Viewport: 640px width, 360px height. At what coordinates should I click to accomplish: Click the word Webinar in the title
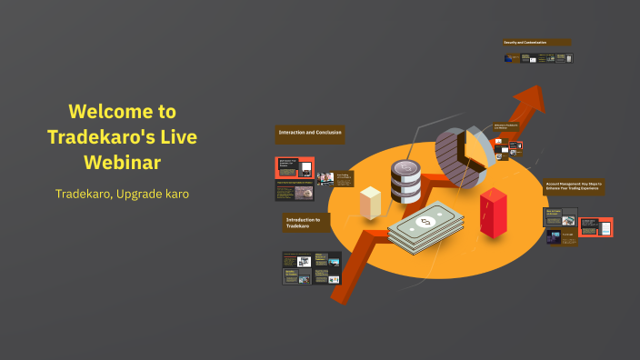[x=122, y=162]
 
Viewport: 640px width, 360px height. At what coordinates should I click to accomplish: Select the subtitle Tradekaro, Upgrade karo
[x=122, y=195]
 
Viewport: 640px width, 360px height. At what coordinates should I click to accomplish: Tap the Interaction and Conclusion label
[x=310, y=134]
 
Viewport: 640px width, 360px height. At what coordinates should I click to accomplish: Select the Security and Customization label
[x=537, y=42]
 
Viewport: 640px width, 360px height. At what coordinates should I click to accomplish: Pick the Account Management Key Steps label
[x=574, y=185]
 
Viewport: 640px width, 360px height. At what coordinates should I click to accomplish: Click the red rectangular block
[x=493, y=213]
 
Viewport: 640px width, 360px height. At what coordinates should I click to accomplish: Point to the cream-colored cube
[x=370, y=202]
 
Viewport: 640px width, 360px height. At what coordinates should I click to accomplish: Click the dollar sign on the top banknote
[x=424, y=222]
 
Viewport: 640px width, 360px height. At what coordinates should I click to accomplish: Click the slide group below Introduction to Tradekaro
[x=311, y=267]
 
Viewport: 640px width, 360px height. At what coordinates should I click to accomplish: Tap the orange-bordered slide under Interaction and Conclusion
[x=295, y=167]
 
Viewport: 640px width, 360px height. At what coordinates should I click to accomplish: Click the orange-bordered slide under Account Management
[x=595, y=226]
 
